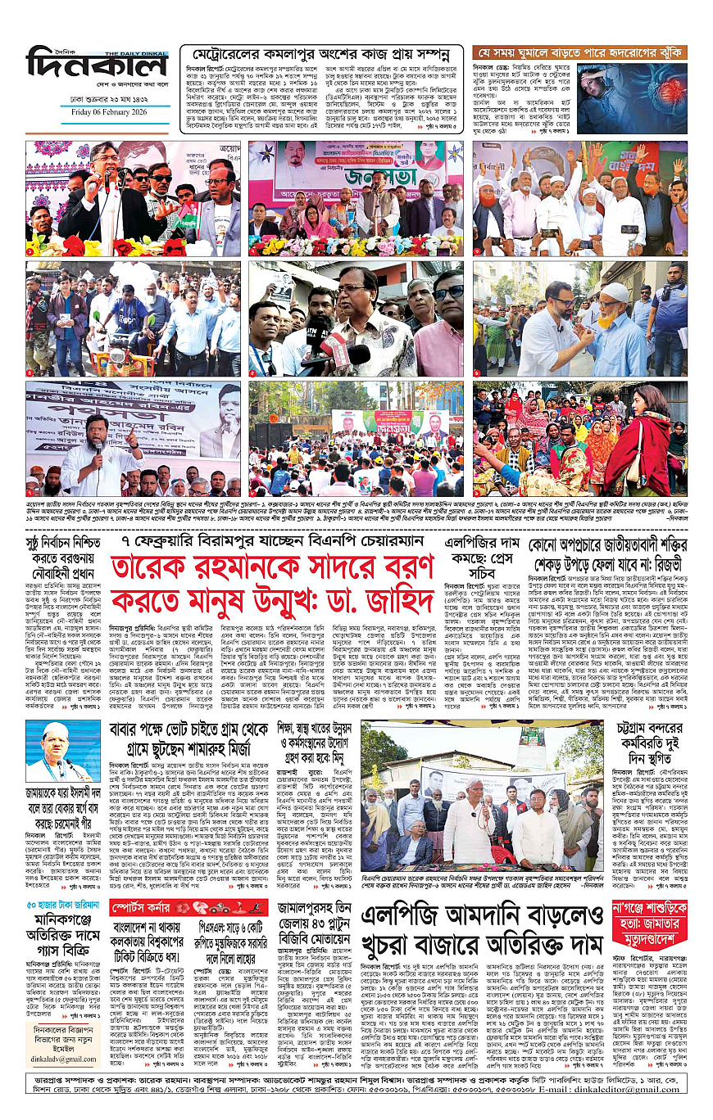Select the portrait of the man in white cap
tap(62, 751)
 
